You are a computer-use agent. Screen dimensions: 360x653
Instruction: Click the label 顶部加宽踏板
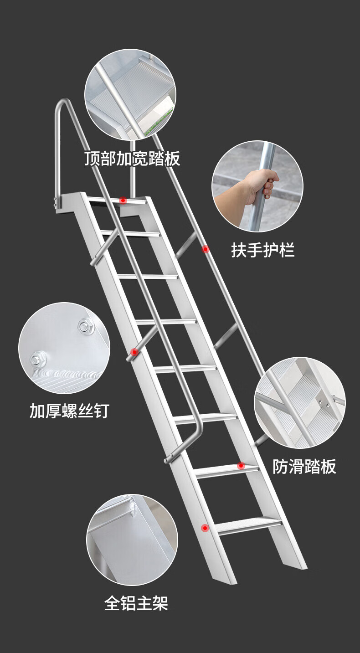pyautogui.click(x=132, y=159)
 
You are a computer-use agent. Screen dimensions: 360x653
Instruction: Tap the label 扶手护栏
pyautogui.click(x=263, y=250)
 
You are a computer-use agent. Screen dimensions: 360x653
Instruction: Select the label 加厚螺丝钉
pyautogui.click(x=69, y=411)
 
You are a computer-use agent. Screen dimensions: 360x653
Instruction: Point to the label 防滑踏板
pyautogui.click(x=304, y=466)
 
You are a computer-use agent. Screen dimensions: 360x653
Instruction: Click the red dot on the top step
pyautogui.click(x=123, y=200)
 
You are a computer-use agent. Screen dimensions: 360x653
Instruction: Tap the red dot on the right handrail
pyautogui.click(x=206, y=249)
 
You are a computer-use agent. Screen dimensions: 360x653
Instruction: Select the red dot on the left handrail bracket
pyautogui.click(x=134, y=352)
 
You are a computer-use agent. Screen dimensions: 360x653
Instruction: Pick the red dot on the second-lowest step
pyautogui.click(x=241, y=466)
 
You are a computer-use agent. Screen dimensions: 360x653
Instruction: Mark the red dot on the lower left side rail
pyautogui.click(x=205, y=528)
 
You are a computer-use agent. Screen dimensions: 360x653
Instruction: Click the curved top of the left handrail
pyautogui.click(x=63, y=103)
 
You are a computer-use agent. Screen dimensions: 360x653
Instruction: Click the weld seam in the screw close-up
pyautogui.click(x=67, y=373)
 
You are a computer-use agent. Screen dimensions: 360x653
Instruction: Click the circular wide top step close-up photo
pyautogui.click(x=130, y=95)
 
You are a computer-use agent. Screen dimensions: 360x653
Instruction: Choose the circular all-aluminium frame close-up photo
pyautogui.click(x=132, y=540)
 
